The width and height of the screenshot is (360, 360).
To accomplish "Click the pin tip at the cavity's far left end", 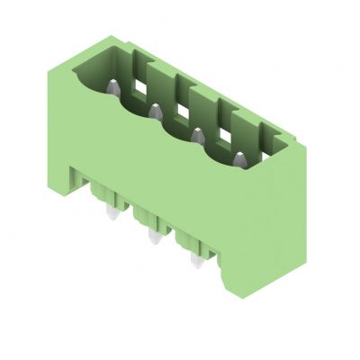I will [114, 89].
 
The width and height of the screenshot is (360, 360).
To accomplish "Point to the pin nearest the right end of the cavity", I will [239, 160].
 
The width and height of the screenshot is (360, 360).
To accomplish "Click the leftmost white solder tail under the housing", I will [112, 213].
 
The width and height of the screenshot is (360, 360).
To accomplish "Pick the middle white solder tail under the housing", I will [152, 238].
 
